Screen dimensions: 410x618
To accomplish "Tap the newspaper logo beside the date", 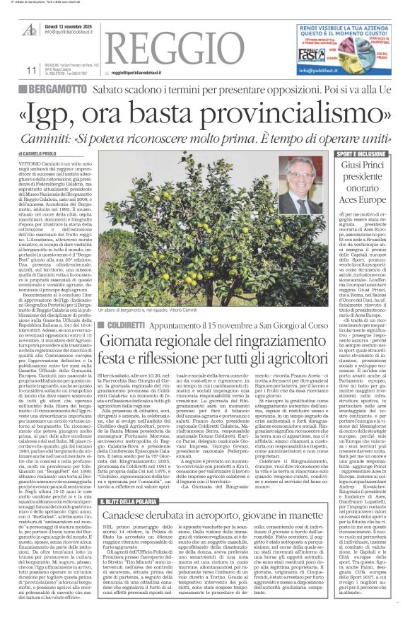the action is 30,30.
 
